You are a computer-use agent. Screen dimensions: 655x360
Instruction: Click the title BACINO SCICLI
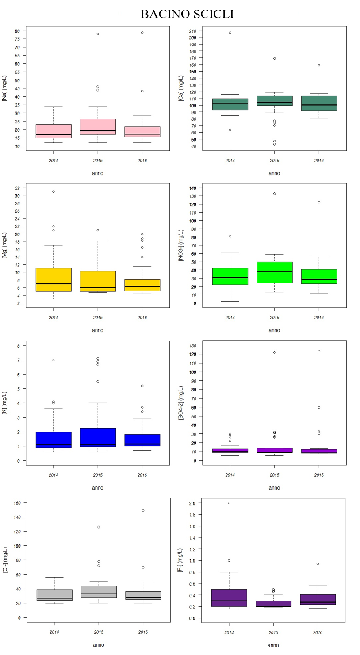[x=187, y=14]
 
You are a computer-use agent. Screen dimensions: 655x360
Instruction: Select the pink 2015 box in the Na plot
[x=98, y=126]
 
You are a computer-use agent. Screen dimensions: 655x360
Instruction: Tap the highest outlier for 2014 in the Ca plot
[x=230, y=33]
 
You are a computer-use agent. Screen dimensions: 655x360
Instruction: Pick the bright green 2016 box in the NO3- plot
[x=318, y=276]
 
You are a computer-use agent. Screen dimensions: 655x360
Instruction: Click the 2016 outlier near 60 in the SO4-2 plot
[x=318, y=407]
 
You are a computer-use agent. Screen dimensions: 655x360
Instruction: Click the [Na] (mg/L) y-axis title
[x=5, y=88]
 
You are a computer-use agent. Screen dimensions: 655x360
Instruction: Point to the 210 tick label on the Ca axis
[x=193, y=31]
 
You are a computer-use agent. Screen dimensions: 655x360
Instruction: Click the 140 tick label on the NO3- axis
[x=193, y=188]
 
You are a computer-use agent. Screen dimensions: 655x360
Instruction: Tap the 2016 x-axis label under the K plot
[x=142, y=475]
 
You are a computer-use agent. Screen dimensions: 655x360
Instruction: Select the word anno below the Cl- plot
[x=98, y=645]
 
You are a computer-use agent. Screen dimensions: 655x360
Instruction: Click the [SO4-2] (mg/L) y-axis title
[x=181, y=403]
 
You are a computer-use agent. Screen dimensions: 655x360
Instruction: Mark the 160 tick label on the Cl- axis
[x=16, y=503]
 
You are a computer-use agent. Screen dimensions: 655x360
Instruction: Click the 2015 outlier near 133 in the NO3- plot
[x=274, y=194]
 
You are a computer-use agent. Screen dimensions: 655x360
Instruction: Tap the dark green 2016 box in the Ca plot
[x=318, y=103]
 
